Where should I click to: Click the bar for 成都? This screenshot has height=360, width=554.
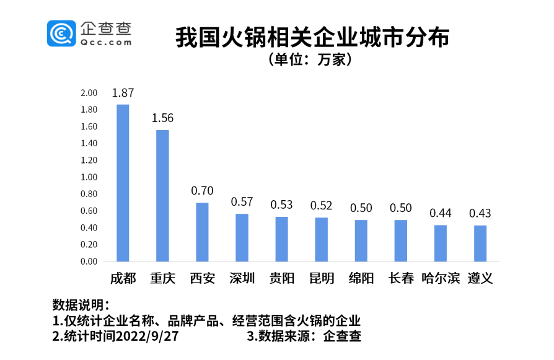[x=123, y=183]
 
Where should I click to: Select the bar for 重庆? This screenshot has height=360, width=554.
[x=162, y=196]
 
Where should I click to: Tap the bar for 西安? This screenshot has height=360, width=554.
[x=202, y=232]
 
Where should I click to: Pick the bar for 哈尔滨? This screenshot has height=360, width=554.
[x=440, y=243]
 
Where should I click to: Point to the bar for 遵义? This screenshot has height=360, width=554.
[x=480, y=243]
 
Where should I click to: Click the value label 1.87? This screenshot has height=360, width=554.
[x=123, y=93]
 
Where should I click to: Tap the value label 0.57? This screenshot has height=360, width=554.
[x=242, y=202]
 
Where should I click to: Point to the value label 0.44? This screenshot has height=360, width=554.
[x=440, y=213]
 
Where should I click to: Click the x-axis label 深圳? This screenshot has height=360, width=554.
[x=242, y=278]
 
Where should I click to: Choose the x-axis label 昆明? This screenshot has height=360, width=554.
[x=321, y=278]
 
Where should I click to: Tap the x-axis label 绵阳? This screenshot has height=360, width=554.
[x=361, y=278]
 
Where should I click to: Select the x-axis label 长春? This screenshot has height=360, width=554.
[x=400, y=278]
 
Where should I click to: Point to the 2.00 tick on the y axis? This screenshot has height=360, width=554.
[x=89, y=93]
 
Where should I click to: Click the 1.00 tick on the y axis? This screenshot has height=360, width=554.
[x=89, y=177]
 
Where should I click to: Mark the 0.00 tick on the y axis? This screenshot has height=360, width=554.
[x=89, y=261]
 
